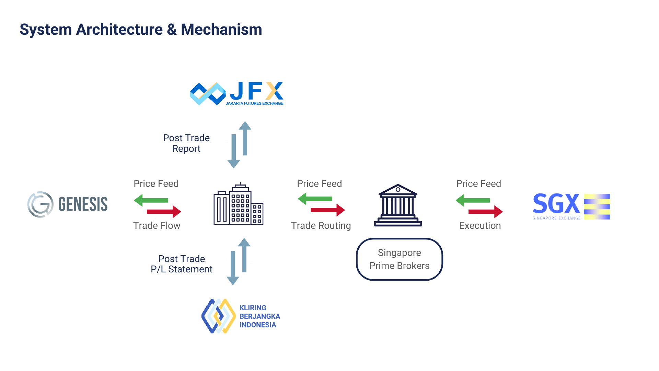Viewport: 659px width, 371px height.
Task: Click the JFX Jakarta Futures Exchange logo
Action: tap(237, 93)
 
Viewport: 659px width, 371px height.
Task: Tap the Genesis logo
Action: tap(67, 204)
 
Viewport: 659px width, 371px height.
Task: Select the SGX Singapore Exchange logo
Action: tap(571, 206)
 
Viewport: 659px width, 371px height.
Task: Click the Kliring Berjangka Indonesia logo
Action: tap(241, 316)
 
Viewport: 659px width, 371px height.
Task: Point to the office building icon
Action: tap(239, 204)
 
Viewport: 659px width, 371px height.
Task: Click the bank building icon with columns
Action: tap(398, 205)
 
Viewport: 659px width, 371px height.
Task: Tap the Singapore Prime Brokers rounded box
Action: tap(400, 259)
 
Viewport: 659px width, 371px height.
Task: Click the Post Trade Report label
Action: tap(186, 143)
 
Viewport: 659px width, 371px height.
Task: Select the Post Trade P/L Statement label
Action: tap(182, 264)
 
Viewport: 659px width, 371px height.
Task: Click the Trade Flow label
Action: tap(157, 226)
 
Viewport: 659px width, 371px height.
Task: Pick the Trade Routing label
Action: tap(321, 226)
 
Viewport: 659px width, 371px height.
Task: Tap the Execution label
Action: tap(480, 226)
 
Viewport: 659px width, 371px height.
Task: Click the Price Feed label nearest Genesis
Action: tap(156, 184)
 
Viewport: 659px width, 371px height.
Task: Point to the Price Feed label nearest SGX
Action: tap(478, 184)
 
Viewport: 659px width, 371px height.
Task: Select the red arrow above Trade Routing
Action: tap(328, 210)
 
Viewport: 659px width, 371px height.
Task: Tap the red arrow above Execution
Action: tap(486, 212)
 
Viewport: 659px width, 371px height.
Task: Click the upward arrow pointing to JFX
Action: tap(245, 138)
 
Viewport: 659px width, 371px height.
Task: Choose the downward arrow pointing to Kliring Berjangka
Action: tap(233, 268)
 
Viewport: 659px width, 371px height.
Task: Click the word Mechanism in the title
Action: tap(221, 30)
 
